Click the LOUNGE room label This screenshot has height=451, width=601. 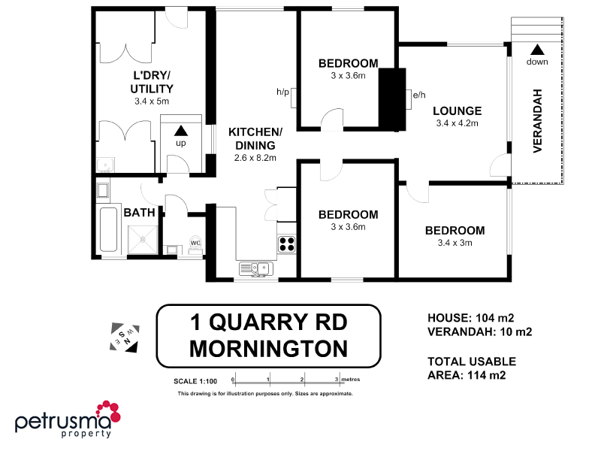click(x=457, y=111)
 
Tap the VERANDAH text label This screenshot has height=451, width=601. click(x=538, y=120)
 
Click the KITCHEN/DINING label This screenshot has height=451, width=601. click(x=255, y=139)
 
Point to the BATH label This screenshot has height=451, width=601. click(x=139, y=213)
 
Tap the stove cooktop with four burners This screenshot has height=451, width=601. click(x=288, y=244)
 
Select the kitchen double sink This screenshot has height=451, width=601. click(x=255, y=267)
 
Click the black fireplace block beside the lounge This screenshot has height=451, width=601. click(x=391, y=98)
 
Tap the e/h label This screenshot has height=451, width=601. click(x=419, y=95)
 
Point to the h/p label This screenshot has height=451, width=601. click(x=282, y=92)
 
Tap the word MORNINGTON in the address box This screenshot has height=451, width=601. click(x=268, y=349)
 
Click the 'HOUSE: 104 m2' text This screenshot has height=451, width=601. click(x=470, y=317)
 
